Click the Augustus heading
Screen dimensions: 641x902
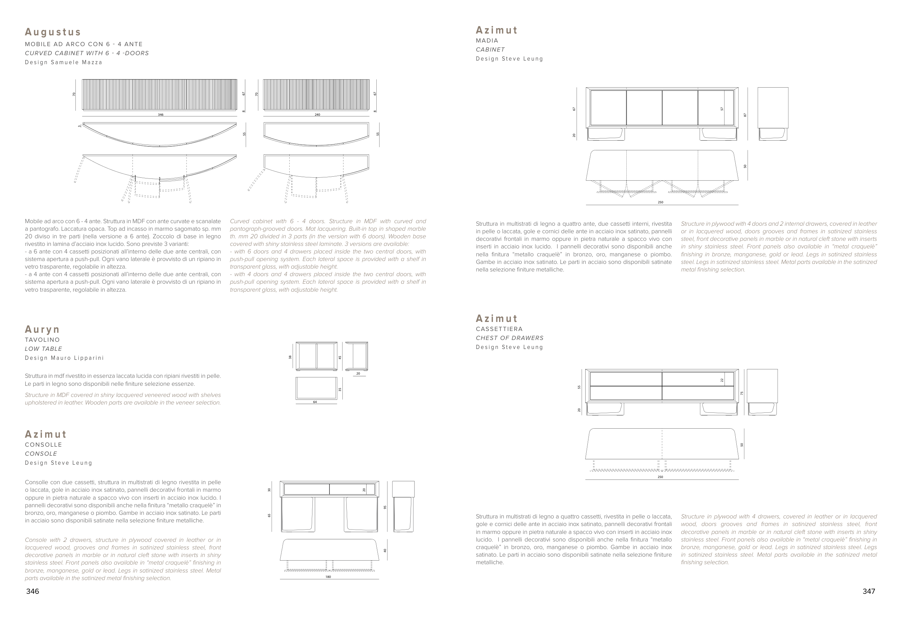(53, 32)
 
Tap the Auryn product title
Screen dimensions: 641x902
(42, 330)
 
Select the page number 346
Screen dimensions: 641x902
(33, 591)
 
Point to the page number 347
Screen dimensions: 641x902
(869, 591)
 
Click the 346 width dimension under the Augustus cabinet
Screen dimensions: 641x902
(160, 115)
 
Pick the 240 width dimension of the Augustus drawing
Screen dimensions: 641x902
(317, 115)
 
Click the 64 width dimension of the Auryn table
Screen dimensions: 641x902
(315, 402)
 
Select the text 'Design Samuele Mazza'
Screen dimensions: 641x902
(64, 62)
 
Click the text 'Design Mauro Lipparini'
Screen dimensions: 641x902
(64, 358)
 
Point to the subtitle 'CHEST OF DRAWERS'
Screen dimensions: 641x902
(509, 338)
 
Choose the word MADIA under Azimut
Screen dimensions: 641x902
(487, 41)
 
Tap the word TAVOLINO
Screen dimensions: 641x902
(42, 340)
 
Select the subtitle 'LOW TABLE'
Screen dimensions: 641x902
(43, 349)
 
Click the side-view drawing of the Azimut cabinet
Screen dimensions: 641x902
(773, 114)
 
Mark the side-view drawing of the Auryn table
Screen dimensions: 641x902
(356, 357)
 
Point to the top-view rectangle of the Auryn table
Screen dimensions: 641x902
(316, 388)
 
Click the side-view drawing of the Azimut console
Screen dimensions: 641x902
(403, 507)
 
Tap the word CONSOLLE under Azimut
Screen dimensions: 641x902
(43, 445)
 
